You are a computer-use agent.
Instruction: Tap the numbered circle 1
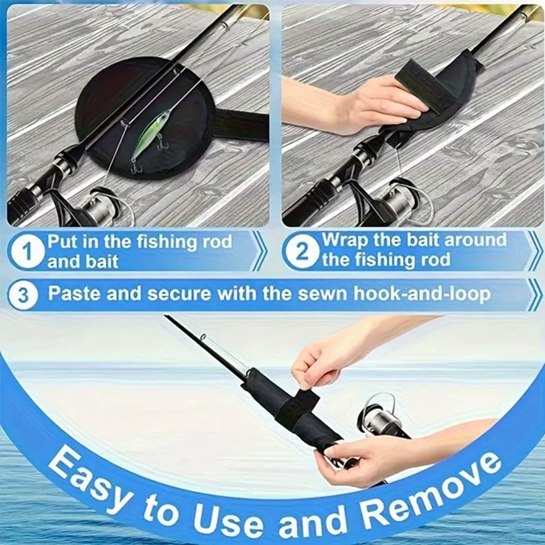click(27, 251)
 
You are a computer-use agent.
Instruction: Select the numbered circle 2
click(301, 251)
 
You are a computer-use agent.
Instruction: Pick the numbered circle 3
click(23, 295)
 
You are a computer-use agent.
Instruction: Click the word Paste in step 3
click(74, 294)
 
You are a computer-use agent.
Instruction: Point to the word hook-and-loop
click(422, 294)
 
